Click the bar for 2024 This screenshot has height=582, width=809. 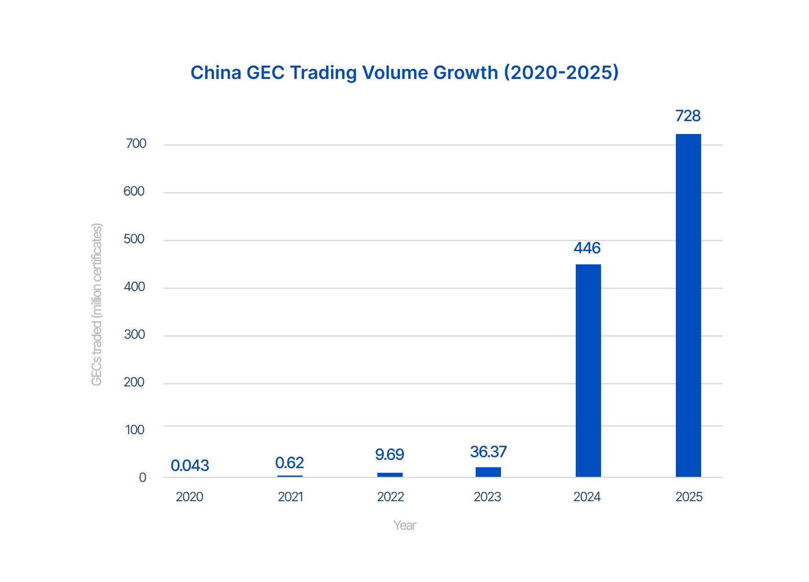[588, 370]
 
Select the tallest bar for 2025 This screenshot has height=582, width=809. [688, 305]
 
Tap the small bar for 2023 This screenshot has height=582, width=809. [488, 472]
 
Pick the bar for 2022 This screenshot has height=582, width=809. [390, 475]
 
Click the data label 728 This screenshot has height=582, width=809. [688, 116]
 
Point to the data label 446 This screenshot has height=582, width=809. [587, 248]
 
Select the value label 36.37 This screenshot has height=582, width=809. [488, 452]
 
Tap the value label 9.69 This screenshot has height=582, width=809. [389, 454]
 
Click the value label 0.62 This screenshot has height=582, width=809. [289, 463]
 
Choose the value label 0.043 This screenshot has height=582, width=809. [190, 465]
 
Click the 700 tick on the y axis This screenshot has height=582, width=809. [136, 144]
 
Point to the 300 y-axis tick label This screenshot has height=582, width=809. [135, 335]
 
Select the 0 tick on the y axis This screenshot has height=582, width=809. [143, 477]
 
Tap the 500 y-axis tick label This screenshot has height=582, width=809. [134, 239]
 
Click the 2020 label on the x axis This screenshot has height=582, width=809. [189, 497]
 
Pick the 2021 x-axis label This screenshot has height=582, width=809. [290, 497]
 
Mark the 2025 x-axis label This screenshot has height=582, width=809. [689, 497]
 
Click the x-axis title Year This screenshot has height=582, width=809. [404, 525]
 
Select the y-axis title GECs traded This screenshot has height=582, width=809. [96, 304]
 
